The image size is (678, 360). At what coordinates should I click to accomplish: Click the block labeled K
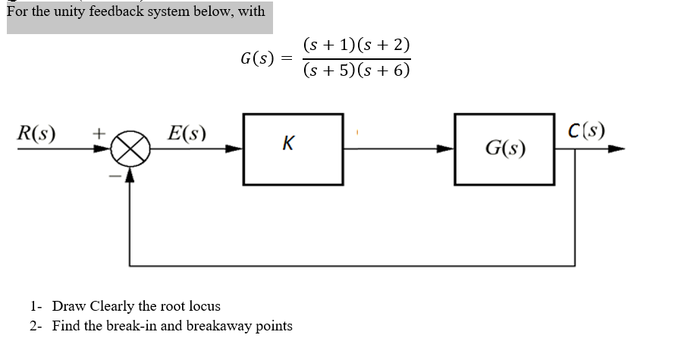point(293,149)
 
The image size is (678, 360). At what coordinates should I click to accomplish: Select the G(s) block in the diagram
point(504,149)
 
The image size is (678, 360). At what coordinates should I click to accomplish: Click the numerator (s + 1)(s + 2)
point(356,45)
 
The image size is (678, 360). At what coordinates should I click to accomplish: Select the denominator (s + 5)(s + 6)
point(356,70)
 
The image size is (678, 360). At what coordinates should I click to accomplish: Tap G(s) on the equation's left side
point(256,58)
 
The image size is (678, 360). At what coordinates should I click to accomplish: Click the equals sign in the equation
point(285,58)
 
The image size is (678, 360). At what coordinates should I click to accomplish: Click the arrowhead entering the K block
point(236,149)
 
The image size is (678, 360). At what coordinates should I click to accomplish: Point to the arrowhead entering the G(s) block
point(447,149)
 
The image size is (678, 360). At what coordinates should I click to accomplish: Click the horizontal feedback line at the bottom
point(349,265)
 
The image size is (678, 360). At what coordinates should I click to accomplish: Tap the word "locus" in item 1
point(204,306)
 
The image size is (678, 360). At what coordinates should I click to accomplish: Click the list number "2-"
point(35,326)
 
